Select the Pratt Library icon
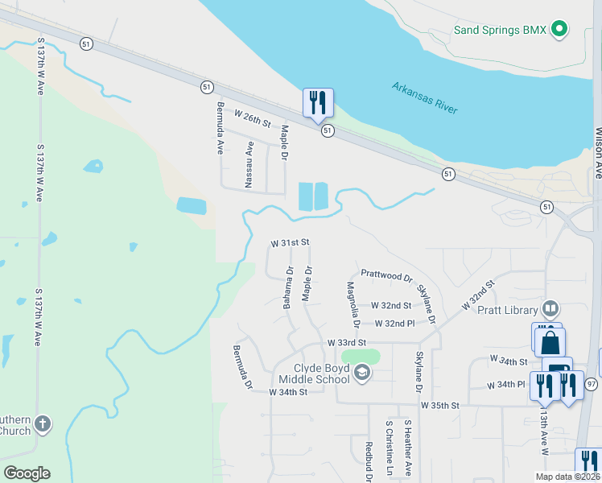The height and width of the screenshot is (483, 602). pyautogui.click(x=550, y=308)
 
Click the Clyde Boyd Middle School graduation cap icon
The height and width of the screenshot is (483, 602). pyautogui.click(x=362, y=372)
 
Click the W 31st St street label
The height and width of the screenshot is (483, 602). pyautogui.click(x=290, y=242)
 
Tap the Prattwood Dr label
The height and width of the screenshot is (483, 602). pyautogui.click(x=386, y=275)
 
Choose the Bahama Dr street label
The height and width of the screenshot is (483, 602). pyautogui.click(x=287, y=288)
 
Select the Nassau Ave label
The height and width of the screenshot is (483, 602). pyautogui.click(x=249, y=160)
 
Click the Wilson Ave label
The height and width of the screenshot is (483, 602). pyautogui.click(x=597, y=152)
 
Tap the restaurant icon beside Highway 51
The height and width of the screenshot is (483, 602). pyautogui.click(x=318, y=102)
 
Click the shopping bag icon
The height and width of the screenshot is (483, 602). pyautogui.click(x=550, y=342)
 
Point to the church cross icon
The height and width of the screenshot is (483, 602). pyautogui.click(x=43, y=423)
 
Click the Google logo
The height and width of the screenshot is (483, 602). pyautogui.click(x=27, y=473)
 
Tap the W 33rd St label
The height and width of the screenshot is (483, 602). pyautogui.click(x=348, y=342)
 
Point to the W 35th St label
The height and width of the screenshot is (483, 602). pyautogui.click(x=439, y=405)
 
